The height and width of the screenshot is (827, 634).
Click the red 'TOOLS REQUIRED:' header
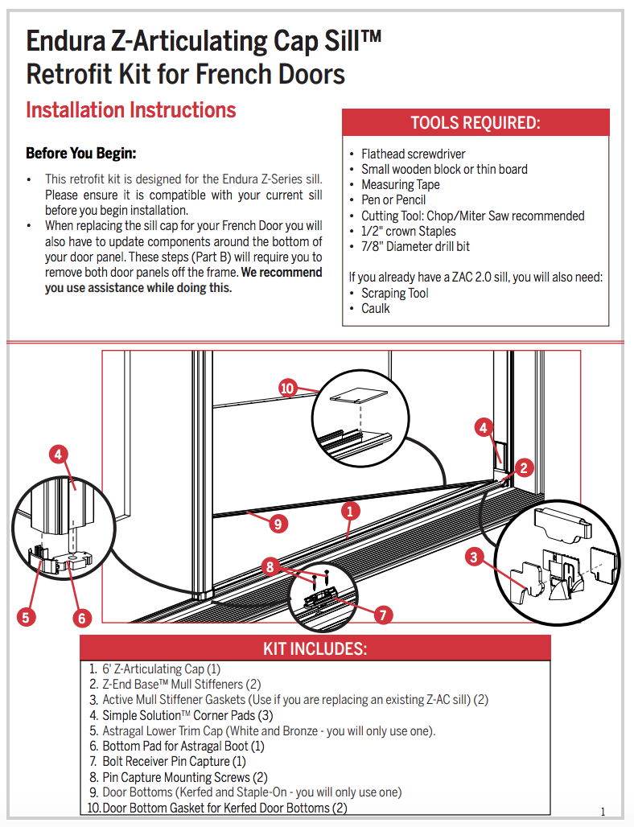(x=475, y=123)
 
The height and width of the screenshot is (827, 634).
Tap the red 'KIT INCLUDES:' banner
(x=315, y=648)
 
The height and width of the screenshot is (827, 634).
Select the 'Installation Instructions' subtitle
(x=131, y=110)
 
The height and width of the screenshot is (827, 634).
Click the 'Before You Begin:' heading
(x=81, y=153)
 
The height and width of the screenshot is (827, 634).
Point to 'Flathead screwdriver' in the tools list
(x=413, y=154)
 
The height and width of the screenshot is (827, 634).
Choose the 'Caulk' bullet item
(x=375, y=308)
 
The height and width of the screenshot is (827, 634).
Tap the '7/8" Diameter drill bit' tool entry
(x=415, y=246)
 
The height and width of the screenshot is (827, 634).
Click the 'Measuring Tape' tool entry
(x=400, y=184)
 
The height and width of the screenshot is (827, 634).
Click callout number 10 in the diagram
(x=288, y=389)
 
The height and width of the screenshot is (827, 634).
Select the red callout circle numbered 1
(x=349, y=509)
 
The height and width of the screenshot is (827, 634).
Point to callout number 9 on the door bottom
(x=277, y=524)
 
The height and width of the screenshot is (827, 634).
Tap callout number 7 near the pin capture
(x=383, y=615)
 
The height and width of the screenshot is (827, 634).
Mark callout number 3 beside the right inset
(x=474, y=556)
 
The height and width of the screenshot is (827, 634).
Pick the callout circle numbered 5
(x=27, y=617)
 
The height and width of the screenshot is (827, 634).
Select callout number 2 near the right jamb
(x=524, y=467)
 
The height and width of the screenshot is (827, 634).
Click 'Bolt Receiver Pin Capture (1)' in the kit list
(x=174, y=761)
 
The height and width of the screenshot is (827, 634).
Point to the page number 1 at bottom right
(x=603, y=811)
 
